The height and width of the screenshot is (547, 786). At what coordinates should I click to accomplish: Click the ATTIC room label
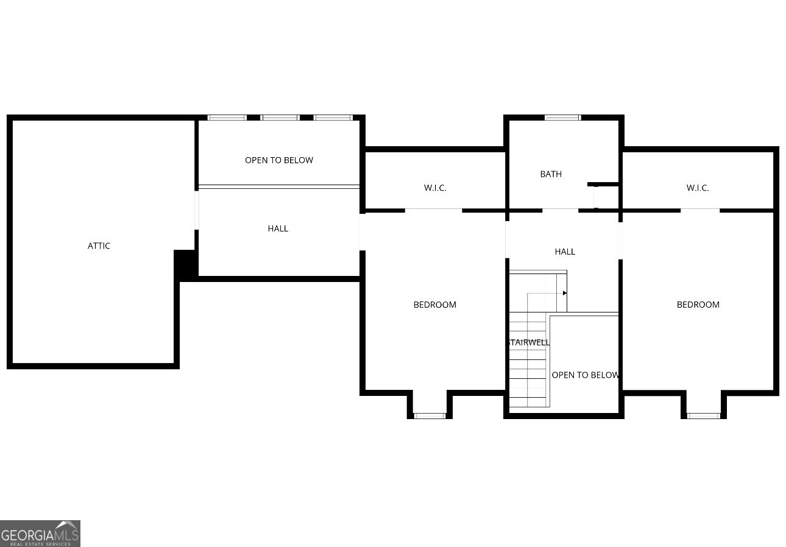point(99,246)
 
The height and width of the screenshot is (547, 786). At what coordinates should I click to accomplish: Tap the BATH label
point(551,174)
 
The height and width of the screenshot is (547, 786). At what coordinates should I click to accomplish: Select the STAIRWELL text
point(529,342)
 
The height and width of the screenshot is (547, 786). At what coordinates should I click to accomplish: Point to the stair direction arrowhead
point(565,293)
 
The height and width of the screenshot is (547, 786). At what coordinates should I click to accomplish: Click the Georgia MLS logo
point(40,534)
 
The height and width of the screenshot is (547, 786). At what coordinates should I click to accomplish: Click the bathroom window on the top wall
point(562,118)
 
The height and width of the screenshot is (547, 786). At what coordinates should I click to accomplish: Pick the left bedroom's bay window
point(430,415)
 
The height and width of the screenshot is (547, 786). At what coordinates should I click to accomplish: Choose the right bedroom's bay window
point(704,415)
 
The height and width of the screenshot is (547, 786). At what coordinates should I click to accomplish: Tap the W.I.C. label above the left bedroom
point(435,188)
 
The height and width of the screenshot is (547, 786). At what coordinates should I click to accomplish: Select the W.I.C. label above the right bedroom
point(698,188)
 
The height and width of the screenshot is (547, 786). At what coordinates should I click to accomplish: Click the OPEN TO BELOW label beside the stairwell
point(585,375)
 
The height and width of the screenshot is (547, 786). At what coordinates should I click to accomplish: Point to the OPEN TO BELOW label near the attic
point(279,160)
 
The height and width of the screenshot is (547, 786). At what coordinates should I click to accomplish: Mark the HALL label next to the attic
point(278,228)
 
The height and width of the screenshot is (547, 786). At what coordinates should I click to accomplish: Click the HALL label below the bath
point(565,252)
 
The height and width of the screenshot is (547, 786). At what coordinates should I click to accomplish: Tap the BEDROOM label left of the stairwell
point(434,305)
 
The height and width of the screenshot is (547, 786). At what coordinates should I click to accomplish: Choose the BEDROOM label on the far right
point(698,305)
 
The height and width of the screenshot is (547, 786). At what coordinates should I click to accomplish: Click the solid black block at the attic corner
point(185,264)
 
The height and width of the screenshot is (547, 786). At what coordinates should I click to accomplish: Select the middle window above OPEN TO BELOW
point(280,118)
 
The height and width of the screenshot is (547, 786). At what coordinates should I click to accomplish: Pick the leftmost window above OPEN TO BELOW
point(227,118)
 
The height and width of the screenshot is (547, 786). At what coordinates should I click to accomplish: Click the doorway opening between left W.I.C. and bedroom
point(433,210)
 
